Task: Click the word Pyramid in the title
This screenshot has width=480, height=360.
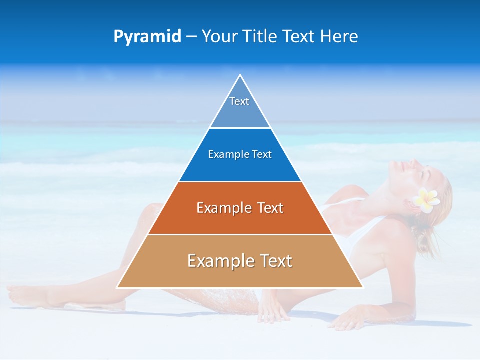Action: coord(147,37)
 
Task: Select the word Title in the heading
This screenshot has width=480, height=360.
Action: coord(260,36)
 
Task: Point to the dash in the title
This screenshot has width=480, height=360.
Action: coord(191,37)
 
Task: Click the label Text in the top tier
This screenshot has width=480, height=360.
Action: coord(239,101)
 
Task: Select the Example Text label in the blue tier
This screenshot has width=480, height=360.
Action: coord(240,154)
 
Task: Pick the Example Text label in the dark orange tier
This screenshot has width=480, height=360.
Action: coord(240,208)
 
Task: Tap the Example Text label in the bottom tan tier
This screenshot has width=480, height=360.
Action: coord(240,261)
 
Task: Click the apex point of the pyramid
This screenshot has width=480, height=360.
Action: coord(240,75)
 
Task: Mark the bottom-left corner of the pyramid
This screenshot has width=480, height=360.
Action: coord(117,287)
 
